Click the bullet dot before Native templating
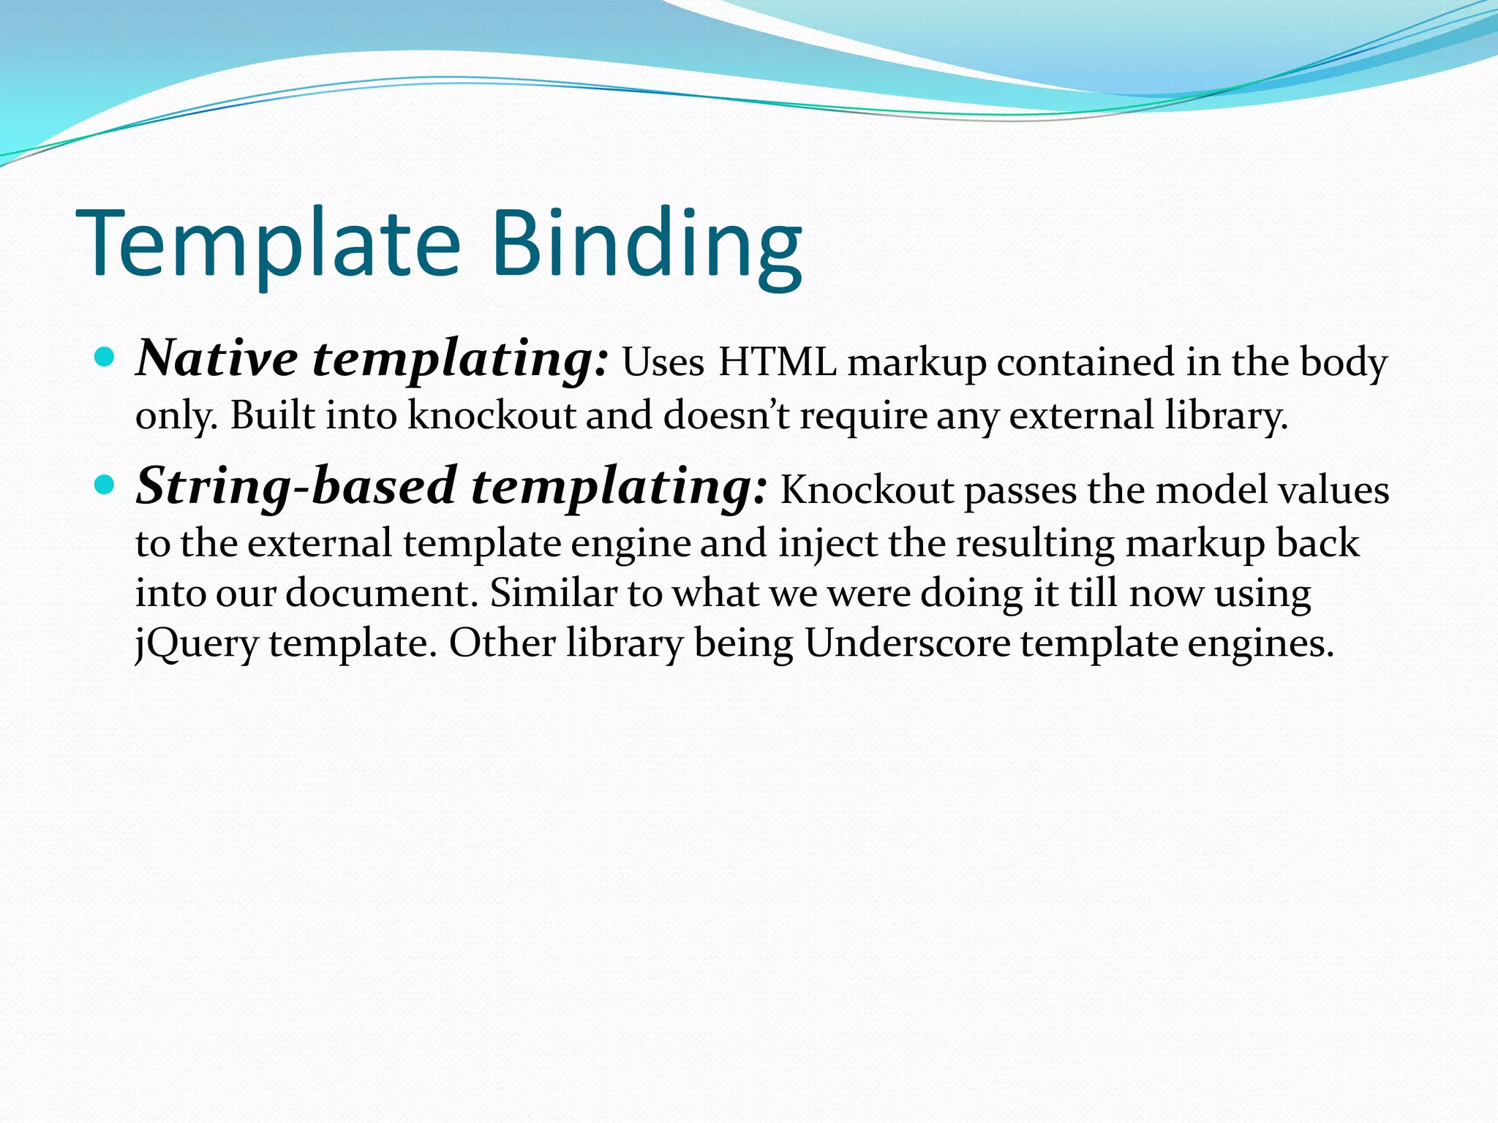pyautogui.click(x=105, y=358)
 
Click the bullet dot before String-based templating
pyautogui.click(x=105, y=484)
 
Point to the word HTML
pyautogui.click(x=777, y=363)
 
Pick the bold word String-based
pyautogui.click(x=296, y=487)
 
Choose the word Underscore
pyautogui.click(x=908, y=643)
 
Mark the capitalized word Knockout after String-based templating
pyautogui.click(x=867, y=490)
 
